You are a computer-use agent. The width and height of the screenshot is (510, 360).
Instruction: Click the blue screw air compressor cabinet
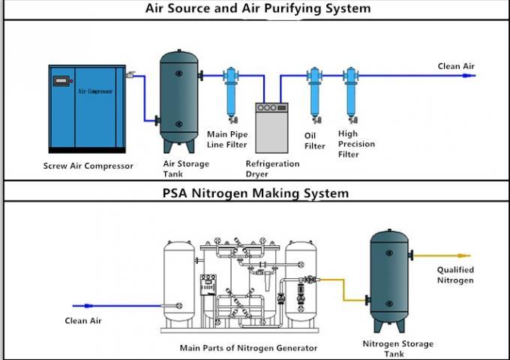(x=87, y=109)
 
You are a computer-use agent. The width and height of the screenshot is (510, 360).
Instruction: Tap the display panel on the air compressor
(x=61, y=81)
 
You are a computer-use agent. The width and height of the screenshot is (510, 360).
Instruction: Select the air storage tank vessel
(x=179, y=101)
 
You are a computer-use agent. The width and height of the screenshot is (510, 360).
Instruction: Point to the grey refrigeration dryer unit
(x=271, y=127)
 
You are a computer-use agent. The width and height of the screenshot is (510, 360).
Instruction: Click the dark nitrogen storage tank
(x=389, y=281)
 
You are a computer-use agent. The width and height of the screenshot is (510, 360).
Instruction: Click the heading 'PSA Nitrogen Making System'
(x=256, y=193)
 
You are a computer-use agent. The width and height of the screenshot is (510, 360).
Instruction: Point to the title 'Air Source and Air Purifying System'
(x=258, y=8)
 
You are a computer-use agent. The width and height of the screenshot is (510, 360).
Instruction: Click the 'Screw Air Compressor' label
(x=88, y=166)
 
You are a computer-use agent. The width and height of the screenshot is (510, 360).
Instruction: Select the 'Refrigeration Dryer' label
(x=272, y=169)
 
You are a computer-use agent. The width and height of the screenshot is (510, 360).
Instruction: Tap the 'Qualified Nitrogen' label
(x=455, y=274)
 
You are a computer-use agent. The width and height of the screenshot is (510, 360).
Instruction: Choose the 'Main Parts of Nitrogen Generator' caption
(x=248, y=348)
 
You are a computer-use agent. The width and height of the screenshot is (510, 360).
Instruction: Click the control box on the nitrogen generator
(x=208, y=285)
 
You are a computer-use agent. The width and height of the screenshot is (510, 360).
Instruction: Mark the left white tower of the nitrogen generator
(x=179, y=283)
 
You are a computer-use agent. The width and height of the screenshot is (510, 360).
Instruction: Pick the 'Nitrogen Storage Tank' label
(x=397, y=349)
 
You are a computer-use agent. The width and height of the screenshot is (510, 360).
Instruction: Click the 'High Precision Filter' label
(x=356, y=144)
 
